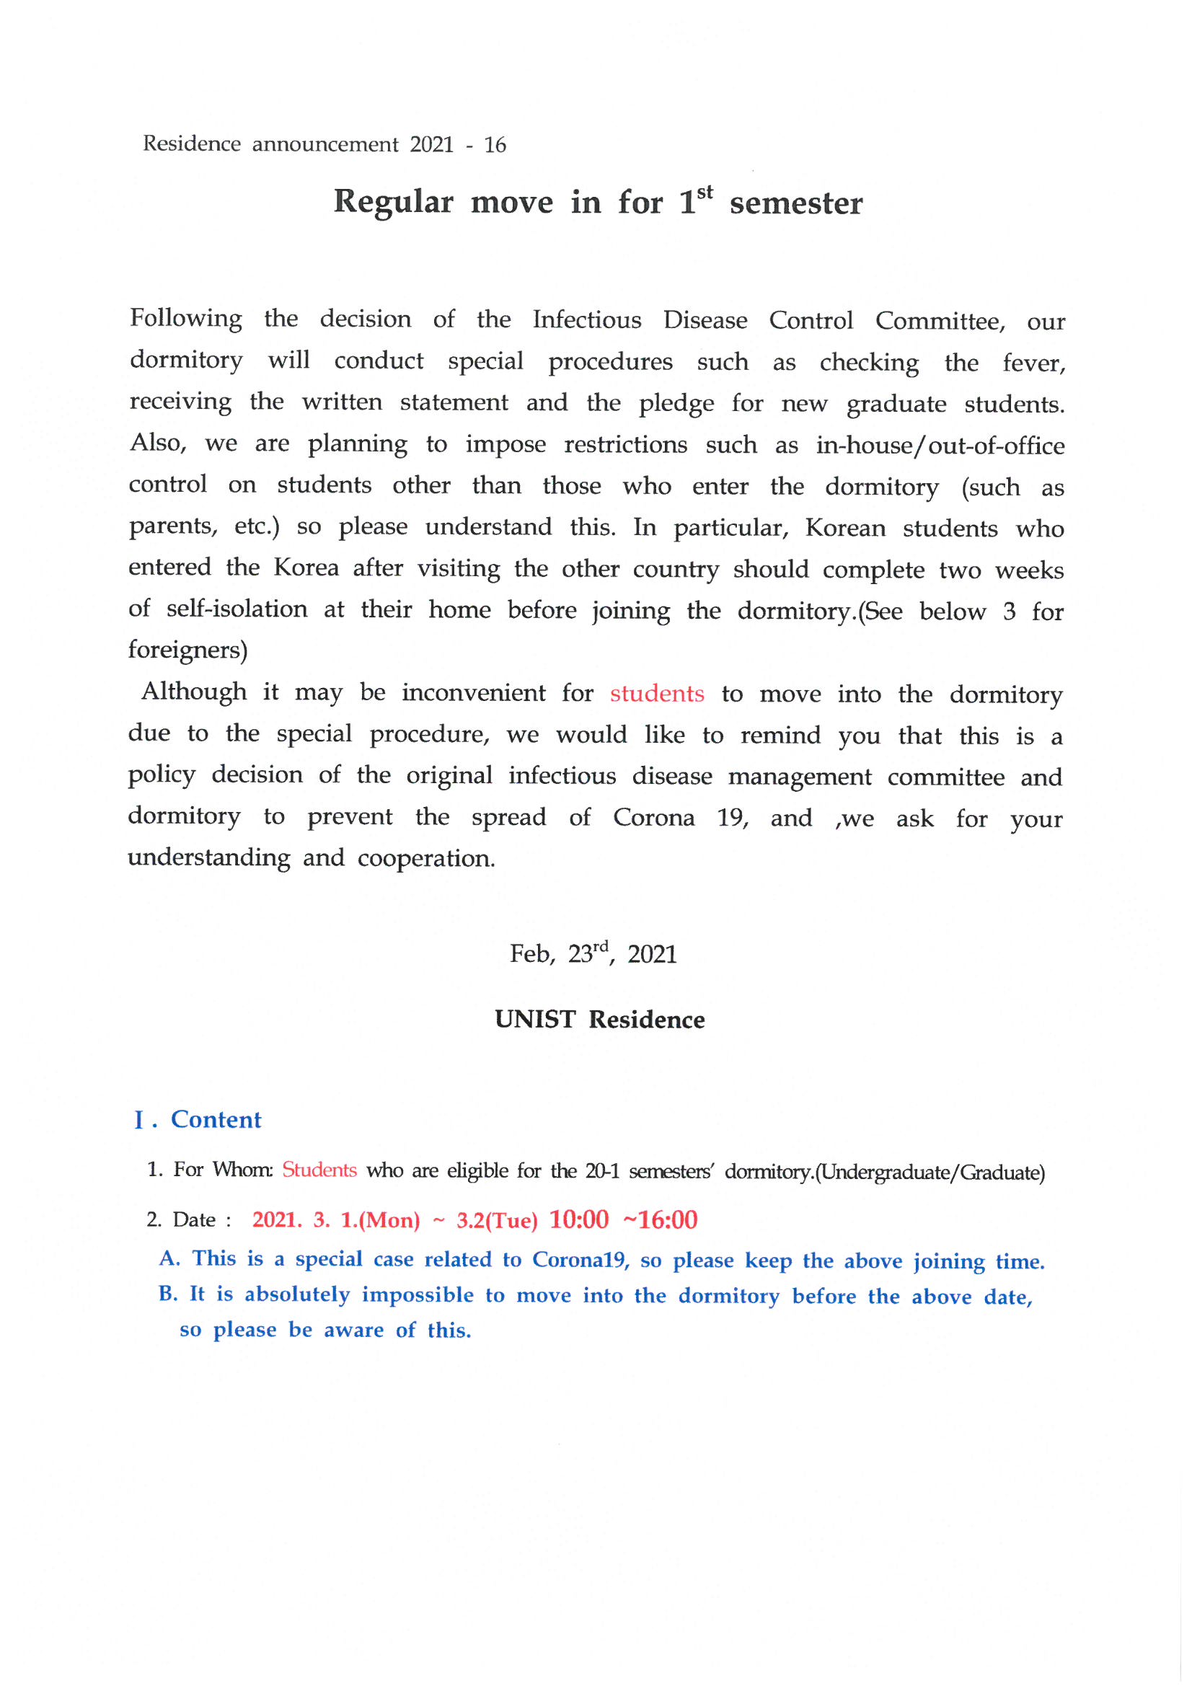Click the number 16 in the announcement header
pyautogui.click(x=495, y=145)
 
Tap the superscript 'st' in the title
pyautogui.click(x=705, y=193)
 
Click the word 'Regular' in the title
pyautogui.click(x=394, y=202)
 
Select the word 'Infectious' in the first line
pyautogui.click(x=587, y=320)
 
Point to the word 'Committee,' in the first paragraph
pyautogui.click(x=940, y=322)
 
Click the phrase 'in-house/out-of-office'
pyautogui.click(x=940, y=446)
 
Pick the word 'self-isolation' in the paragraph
pyautogui.click(x=237, y=609)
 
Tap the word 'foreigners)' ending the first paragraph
pyautogui.click(x=188, y=650)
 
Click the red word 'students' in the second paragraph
pyautogui.click(x=657, y=694)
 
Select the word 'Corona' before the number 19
pyautogui.click(x=653, y=818)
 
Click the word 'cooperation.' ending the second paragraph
pyautogui.click(x=426, y=858)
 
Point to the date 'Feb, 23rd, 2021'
pyautogui.click(x=593, y=954)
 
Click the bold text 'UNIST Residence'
pyautogui.click(x=599, y=1020)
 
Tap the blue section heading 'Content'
pyautogui.click(x=216, y=1120)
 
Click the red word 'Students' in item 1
pyautogui.click(x=319, y=1170)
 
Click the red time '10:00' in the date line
pyautogui.click(x=579, y=1219)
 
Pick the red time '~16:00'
pyautogui.click(x=660, y=1219)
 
